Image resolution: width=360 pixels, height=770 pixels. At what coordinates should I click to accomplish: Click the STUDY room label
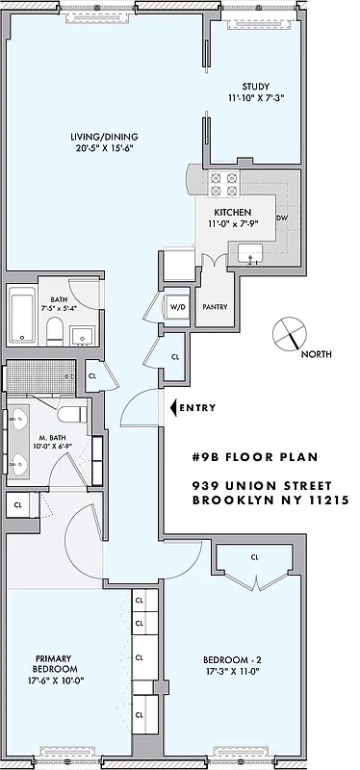click(x=255, y=86)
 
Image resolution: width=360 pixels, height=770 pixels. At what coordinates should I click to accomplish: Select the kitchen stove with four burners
click(x=223, y=183)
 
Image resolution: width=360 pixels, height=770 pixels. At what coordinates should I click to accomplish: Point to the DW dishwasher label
click(x=282, y=218)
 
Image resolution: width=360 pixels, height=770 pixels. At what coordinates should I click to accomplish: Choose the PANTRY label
click(x=213, y=307)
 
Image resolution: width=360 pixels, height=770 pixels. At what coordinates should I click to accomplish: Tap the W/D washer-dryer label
click(x=177, y=307)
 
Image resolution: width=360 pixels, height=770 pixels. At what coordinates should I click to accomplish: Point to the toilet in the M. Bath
click(x=69, y=416)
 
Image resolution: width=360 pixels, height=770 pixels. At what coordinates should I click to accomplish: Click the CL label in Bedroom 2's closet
click(x=254, y=556)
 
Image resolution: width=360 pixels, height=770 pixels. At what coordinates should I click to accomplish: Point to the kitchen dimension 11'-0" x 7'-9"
click(x=232, y=223)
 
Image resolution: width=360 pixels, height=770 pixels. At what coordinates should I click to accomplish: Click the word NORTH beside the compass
click(x=318, y=354)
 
